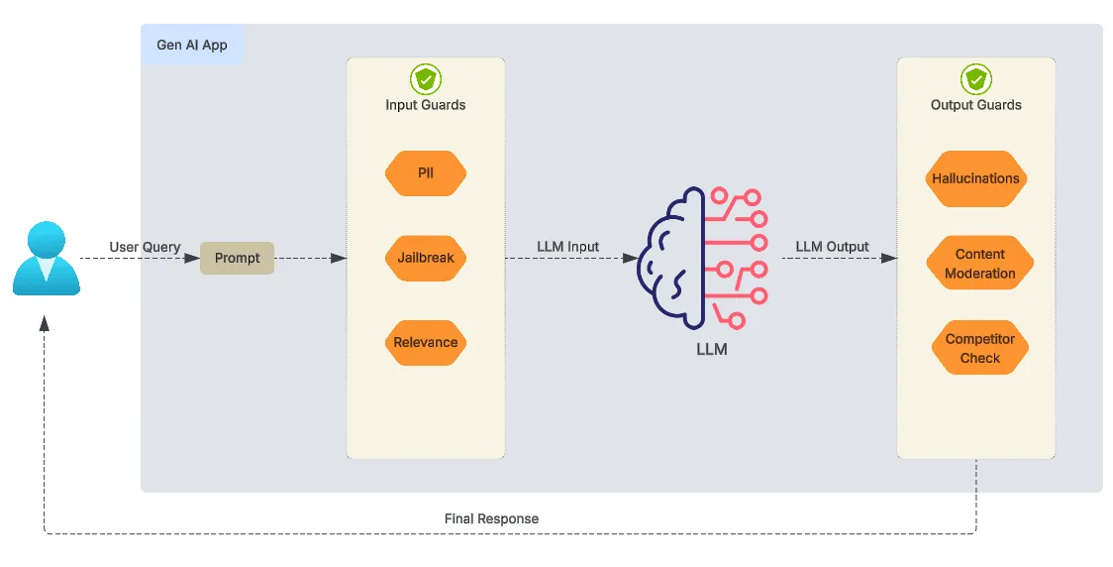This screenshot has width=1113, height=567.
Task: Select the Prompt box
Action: point(237,258)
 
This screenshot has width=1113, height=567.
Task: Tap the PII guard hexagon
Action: point(425,173)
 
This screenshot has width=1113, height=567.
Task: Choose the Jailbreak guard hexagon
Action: point(425,258)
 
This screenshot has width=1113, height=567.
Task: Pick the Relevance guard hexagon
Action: point(425,342)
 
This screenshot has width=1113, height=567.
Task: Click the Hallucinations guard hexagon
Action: point(975,178)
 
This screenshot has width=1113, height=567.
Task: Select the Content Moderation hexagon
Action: point(979,264)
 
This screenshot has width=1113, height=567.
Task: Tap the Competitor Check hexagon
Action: point(979,348)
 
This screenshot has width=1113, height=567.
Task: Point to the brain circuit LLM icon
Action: point(704,257)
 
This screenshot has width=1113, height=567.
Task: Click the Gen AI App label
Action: point(192,46)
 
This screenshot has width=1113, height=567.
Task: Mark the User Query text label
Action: point(145,247)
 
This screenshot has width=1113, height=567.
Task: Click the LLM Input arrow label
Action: point(567,247)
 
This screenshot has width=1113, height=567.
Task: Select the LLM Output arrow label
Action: point(832,247)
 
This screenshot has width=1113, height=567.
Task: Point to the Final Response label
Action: point(491,518)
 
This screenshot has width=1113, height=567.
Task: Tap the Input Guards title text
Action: point(425,104)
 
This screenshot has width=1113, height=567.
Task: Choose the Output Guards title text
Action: point(975,104)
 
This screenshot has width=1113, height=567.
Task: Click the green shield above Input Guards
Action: point(425,79)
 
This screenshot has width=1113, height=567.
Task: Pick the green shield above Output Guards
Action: point(975,79)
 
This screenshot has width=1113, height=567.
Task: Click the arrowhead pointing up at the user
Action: point(45,323)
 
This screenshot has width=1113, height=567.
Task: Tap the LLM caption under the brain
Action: point(711,349)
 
